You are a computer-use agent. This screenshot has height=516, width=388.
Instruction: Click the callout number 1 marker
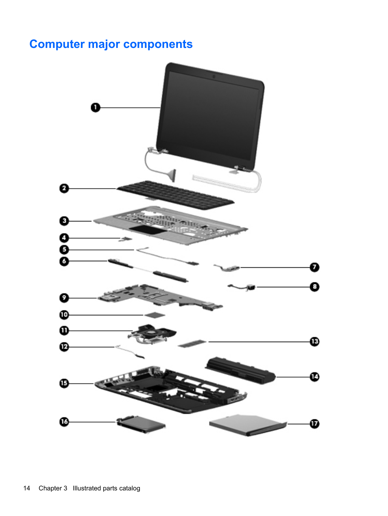95,108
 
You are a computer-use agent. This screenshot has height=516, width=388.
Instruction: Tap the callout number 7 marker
314,267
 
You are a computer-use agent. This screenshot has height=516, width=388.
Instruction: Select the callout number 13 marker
314,342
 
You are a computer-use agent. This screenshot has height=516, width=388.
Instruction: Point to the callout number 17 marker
314,424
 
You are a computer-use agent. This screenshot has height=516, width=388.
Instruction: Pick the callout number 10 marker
64,315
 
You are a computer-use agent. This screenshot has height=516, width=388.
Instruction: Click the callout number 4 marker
64,238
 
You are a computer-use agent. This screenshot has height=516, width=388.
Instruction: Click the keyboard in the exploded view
175,195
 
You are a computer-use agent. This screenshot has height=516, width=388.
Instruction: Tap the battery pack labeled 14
240,370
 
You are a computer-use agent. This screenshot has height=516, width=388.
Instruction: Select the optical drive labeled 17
247,425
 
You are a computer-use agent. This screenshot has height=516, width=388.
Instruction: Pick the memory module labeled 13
192,344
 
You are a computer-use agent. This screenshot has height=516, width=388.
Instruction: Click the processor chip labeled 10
155,315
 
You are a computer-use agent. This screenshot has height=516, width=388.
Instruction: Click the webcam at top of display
214,76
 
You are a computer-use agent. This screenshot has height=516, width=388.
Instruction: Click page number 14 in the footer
27,488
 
